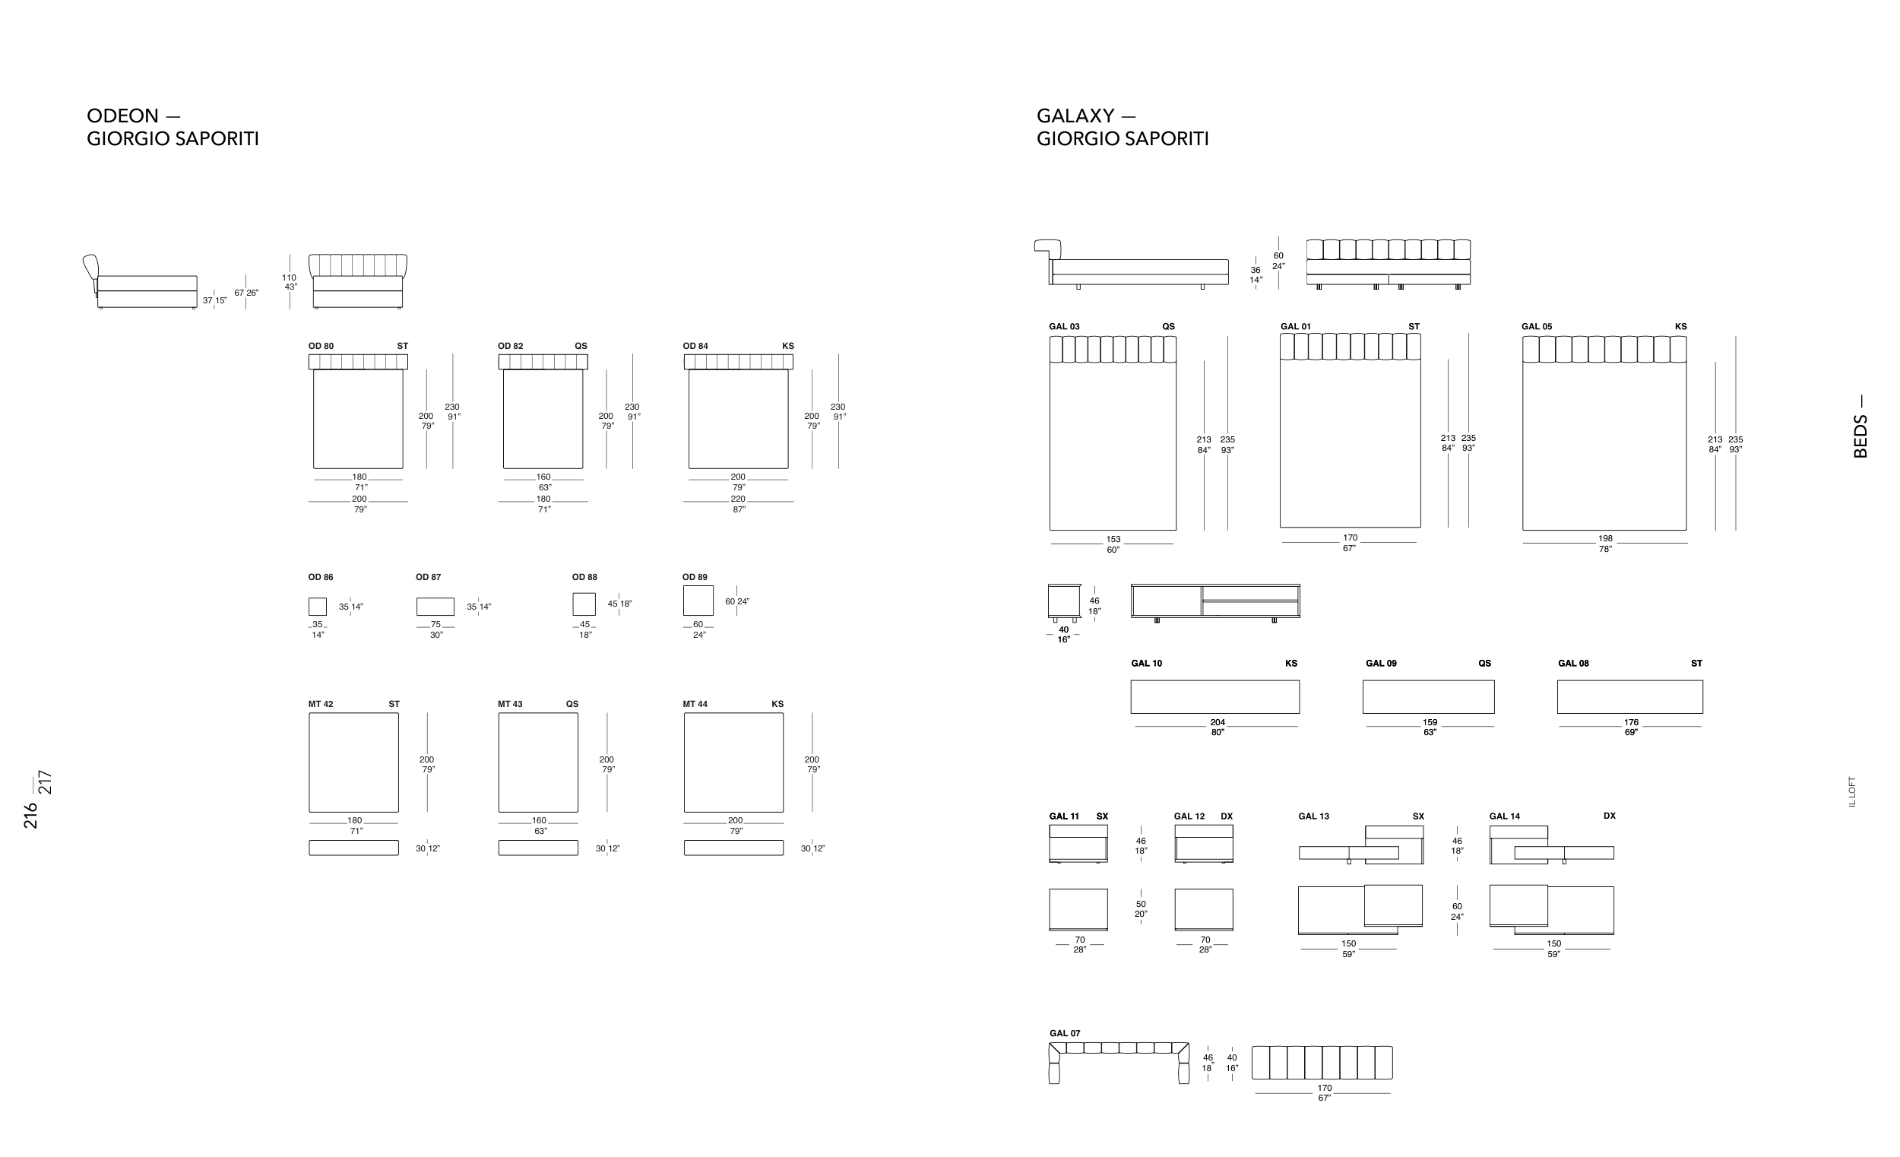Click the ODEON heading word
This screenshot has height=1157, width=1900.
click(122, 116)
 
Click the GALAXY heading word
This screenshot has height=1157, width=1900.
click(1075, 116)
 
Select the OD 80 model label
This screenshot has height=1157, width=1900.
click(321, 347)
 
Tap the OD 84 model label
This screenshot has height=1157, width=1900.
click(695, 347)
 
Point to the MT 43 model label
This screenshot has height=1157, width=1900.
click(510, 704)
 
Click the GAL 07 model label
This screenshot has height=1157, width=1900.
click(1064, 1034)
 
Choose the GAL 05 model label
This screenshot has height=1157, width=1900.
click(1536, 327)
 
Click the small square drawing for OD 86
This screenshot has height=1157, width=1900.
click(317, 607)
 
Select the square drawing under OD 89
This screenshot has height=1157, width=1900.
click(698, 600)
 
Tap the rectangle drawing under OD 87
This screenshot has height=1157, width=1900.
click(435, 607)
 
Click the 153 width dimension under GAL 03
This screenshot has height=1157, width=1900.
click(1113, 540)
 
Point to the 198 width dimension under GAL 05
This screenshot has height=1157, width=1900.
click(1604, 539)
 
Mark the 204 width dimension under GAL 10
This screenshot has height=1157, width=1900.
click(1218, 723)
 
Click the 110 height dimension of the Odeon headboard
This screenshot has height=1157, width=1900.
click(288, 277)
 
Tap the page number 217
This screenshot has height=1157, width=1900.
click(46, 782)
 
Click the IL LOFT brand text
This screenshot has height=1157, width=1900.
click(1852, 791)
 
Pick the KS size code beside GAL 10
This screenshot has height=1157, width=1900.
click(1290, 664)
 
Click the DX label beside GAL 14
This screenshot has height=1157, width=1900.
click(1609, 816)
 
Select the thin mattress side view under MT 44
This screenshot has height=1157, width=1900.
click(733, 848)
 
